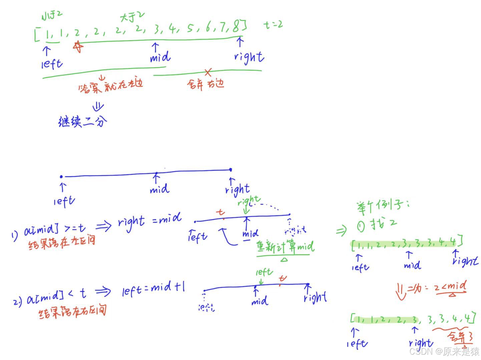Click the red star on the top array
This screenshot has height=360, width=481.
(x=78, y=47)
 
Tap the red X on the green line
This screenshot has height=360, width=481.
(x=208, y=72)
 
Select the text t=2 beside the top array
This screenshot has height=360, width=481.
(x=273, y=24)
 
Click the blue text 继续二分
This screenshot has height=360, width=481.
(x=83, y=121)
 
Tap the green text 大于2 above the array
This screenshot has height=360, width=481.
(x=132, y=16)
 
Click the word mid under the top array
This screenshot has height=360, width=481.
(x=160, y=57)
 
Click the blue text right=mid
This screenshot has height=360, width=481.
(x=150, y=221)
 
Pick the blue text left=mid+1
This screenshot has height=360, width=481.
(x=153, y=289)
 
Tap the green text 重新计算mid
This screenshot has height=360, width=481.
(x=285, y=247)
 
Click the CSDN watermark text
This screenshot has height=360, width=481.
(x=444, y=351)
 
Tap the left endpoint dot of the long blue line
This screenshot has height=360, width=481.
(x=61, y=176)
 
